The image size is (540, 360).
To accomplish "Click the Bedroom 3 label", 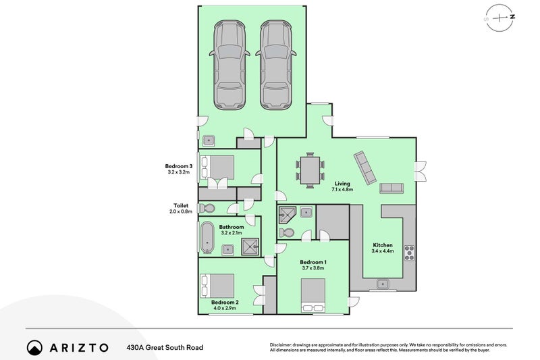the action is click(x=178, y=166).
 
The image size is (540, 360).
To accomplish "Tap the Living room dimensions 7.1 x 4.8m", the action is click(x=342, y=190).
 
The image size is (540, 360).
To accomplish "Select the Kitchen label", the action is click(x=383, y=245).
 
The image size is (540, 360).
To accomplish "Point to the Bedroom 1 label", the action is click(x=313, y=262).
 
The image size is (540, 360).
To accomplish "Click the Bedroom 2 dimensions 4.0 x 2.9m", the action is click(x=225, y=308).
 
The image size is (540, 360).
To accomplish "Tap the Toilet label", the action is click(x=181, y=205).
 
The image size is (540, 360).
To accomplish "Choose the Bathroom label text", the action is click(x=232, y=227).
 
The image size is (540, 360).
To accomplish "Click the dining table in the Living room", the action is click(x=310, y=170).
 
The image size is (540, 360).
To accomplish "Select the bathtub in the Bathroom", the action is click(x=207, y=237).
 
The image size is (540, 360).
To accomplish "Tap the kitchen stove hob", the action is click(x=409, y=253).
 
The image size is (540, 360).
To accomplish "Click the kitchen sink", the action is click(x=383, y=284).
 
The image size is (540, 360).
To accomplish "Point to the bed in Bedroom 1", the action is click(x=313, y=295).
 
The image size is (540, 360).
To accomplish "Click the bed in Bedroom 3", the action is click(x=217, y=167).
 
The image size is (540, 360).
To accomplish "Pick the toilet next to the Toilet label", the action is click(x=207, y=209).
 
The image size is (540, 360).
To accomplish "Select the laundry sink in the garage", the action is click(x=209, y=140).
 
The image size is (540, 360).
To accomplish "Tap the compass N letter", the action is click(x=513, y=16).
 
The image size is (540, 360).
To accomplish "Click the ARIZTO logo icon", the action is click(x=34, y=348).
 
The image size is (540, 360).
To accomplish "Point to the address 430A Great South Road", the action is click(x=165, y=348).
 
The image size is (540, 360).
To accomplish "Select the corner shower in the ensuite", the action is click(x=288, y=214).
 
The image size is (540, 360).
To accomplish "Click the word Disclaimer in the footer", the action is click(x=281, y=345).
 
